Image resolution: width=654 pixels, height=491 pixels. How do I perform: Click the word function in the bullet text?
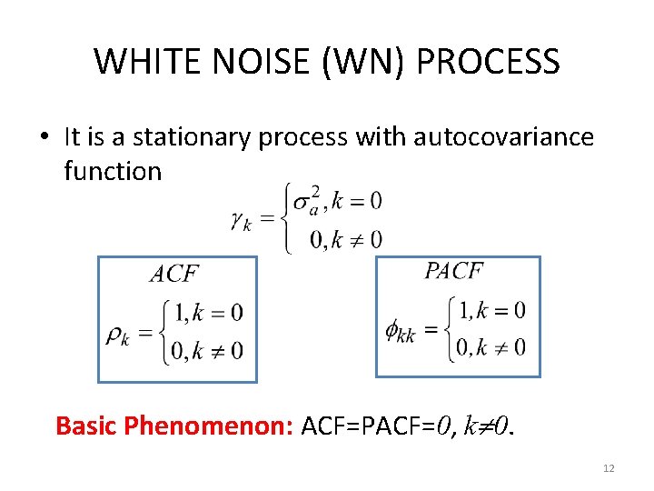point(113,170)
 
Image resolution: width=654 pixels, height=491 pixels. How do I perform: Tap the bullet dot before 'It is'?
point(44,138)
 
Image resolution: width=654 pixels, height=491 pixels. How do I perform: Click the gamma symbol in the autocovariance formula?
point(240,219)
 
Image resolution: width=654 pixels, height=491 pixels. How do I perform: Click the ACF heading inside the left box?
point(173,274)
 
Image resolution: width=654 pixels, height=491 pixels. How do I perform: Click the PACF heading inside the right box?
point(453,270)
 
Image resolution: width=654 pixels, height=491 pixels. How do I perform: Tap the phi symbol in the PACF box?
point(400,331)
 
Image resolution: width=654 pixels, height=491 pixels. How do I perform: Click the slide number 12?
point(609,467)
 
